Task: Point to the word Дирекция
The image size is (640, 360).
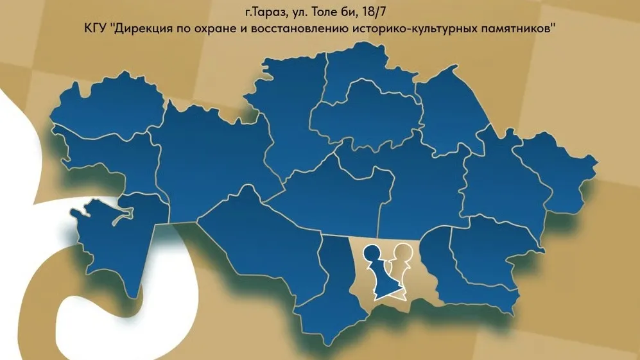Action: (142, 30)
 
